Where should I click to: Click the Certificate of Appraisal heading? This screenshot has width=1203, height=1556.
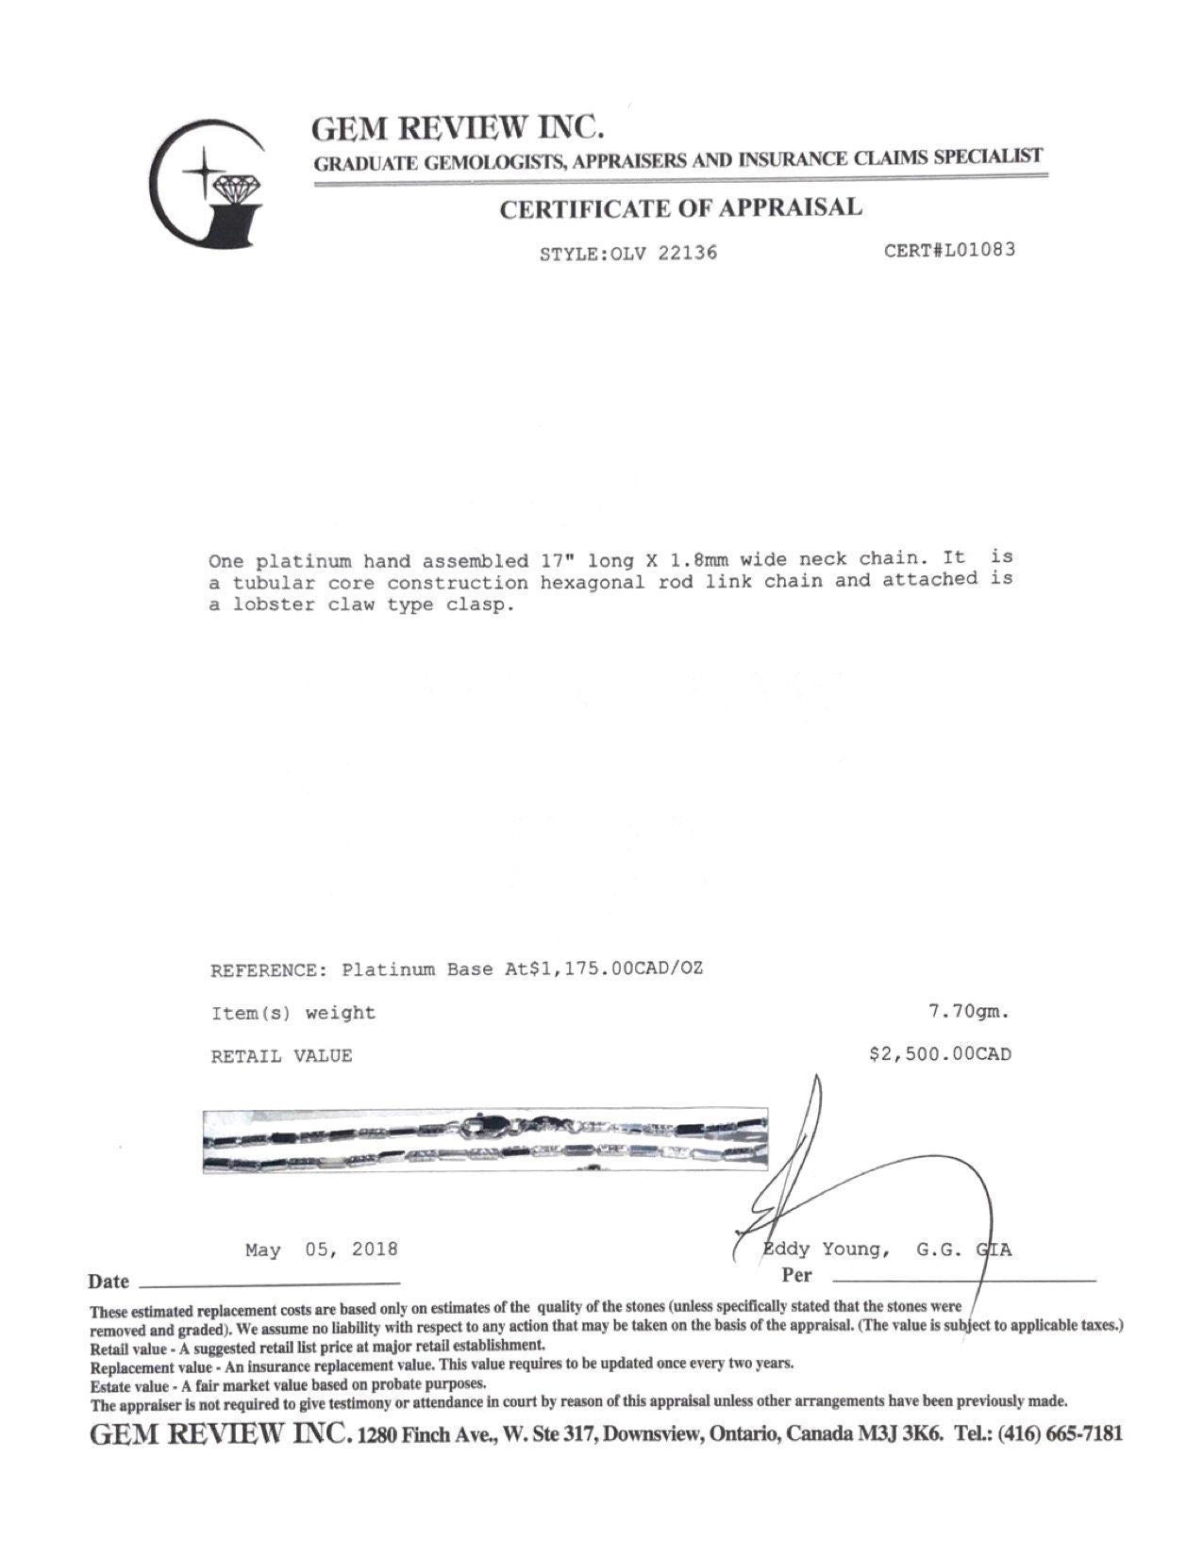(x=680, y=207)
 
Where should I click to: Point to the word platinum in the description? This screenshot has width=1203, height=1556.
(x=287, y=560)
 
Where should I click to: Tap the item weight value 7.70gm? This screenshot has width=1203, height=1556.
(x=969, y=1012)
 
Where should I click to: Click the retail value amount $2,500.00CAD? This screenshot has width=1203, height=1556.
(x=940, y=1054)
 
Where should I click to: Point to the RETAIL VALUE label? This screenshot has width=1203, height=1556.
(x=281, y=1056)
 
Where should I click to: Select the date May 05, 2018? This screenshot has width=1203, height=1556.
(x=321, y=1250)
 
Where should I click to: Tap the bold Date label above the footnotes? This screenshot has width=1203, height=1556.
(x=109, y=1282)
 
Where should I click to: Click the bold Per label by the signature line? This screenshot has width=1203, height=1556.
(x=796, y=1276)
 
